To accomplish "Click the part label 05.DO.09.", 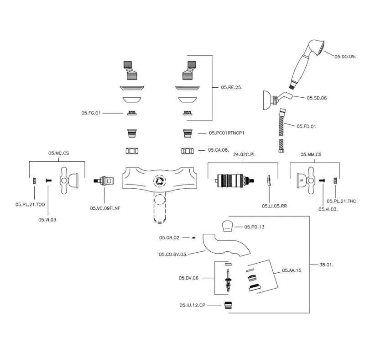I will click(345, 56).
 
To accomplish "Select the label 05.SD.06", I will click(317, 98).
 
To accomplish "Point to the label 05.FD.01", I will click(306, 126).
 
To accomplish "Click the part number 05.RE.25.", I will click(231, 87).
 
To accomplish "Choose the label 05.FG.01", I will click(91, 113).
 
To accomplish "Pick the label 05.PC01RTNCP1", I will click(227, 133).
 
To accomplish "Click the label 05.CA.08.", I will click(218, 149).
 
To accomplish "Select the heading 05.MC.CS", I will click(58, 154).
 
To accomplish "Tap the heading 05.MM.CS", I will click(311, 155).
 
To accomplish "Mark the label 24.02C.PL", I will click(245, 155).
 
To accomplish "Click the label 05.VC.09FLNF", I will click(105, 208).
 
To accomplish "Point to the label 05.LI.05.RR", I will click(274, 206).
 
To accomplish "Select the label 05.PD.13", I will click(255, 227).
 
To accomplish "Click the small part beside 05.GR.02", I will click(194, 238).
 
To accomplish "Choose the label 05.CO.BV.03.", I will click(173, 254).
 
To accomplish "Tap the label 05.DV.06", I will click(188, 278).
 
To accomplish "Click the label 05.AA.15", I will click(292, 270).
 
